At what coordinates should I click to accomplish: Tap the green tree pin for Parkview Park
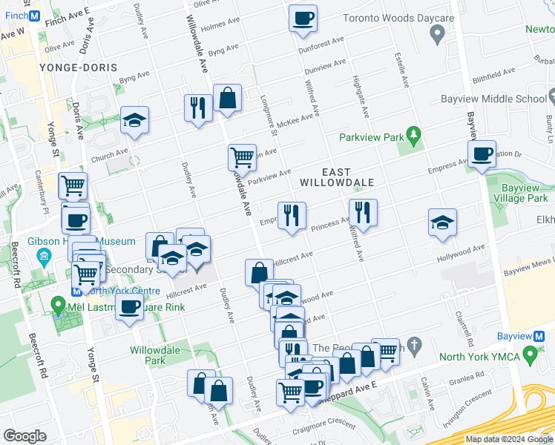click(x=414, y=136)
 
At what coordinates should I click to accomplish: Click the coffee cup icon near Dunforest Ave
click(x=303, y=18)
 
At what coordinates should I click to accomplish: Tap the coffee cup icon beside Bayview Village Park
click(x=482, y=154)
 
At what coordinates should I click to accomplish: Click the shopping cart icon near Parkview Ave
click(x=242, y=157)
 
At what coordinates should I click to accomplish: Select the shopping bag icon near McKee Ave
click(x=227, y=98)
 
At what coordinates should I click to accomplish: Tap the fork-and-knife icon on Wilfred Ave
click(x=363, y=212)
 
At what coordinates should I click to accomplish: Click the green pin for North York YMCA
click(x=530, y=356)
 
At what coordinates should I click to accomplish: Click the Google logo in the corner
click(x=24, y=436)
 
